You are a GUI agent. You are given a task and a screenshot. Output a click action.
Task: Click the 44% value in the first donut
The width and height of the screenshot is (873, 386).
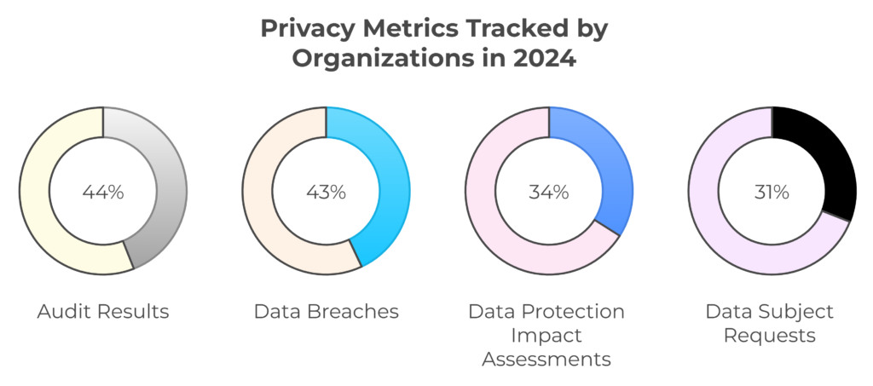point(103,192)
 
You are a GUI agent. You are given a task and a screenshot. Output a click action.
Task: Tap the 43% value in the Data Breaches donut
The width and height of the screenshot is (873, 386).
point(326,192)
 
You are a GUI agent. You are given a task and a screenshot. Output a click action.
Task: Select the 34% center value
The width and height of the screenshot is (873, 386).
point(549,192)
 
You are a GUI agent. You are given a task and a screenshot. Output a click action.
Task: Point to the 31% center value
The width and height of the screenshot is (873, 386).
point(772,192)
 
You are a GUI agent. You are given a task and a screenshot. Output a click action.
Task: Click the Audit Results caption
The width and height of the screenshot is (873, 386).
point(103,312)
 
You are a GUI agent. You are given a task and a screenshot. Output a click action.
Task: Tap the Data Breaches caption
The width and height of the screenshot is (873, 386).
point(326,312)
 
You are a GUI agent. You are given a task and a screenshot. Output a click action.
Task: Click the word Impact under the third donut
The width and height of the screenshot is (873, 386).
point(546,335)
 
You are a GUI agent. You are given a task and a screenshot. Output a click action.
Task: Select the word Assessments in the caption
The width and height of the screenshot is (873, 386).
point(546,359)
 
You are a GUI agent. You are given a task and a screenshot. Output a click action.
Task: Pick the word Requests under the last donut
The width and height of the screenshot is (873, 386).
point(769,335)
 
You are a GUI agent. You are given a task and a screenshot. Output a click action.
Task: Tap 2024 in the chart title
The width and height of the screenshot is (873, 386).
point(546,61)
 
